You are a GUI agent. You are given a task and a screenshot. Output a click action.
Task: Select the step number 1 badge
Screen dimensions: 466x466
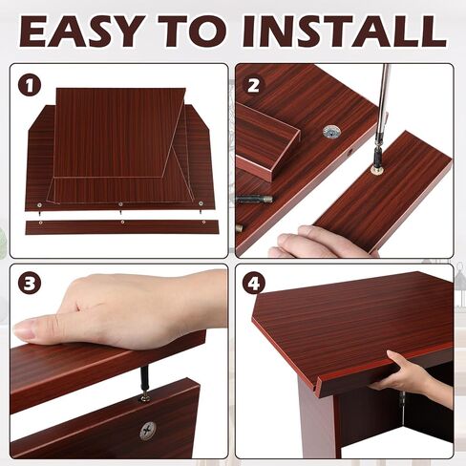point(31,85)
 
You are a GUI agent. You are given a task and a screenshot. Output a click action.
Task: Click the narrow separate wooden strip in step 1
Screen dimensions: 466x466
point(121,227)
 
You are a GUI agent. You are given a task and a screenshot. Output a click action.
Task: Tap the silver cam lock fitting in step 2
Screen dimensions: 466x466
point(331,132)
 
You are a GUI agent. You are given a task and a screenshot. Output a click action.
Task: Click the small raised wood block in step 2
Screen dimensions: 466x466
point(266,143)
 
